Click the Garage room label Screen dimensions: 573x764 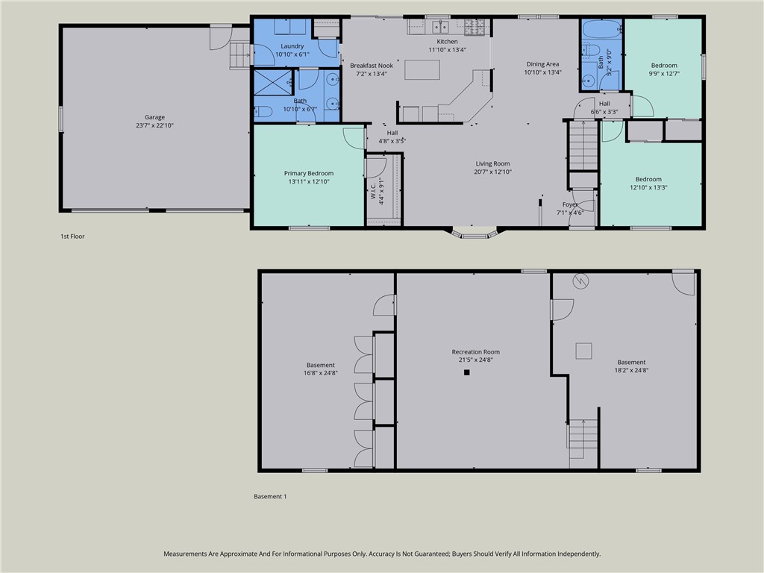coord(154,117)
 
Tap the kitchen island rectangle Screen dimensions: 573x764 coord(422,69)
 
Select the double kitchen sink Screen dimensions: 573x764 coord(442,28)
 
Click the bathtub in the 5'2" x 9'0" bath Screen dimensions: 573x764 coord(601,30)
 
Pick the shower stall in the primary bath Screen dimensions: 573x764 coord(272,81)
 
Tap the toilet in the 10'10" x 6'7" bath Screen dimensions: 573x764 coord(263,113)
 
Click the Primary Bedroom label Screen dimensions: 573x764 coord(308,173)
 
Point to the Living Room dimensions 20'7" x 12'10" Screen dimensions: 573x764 coord(492,172)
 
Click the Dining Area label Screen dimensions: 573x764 coord(542,64)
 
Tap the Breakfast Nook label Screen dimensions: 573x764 coord(371,66)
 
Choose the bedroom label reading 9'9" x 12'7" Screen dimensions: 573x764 coord(663,73)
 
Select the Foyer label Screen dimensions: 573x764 coord(570,204)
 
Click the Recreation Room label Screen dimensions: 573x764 coord(475,352)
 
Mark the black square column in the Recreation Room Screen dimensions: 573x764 coord(466,372)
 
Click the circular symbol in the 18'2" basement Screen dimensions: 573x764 coord(580,282)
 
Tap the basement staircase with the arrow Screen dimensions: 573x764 coord(583,437)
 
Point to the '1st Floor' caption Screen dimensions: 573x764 coord(72,237)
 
